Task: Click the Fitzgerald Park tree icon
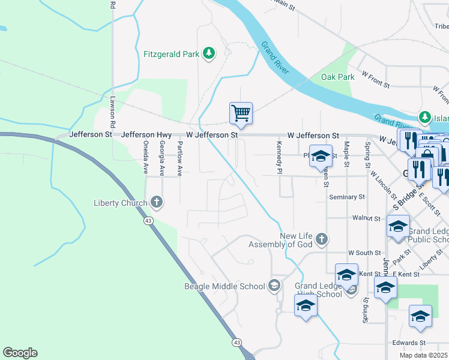click(208, 54)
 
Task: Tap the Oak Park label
click(338, 77)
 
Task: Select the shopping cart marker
click(241, 113)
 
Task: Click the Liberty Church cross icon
click(157, 202)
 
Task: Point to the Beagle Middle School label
click(224, 286)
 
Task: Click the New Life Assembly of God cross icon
click(322, 240)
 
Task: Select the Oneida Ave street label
click(146, 158)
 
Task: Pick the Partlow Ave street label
click(179, 158)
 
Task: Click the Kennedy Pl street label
click(279, 158)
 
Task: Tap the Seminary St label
click(347, 197)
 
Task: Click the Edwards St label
click(409, 343)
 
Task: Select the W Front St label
click(376, 76)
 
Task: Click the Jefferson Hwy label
click(146, 135)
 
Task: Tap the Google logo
click(20, 353)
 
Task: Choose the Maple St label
click(346, 154)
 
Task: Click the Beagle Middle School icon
click(275, 284)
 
